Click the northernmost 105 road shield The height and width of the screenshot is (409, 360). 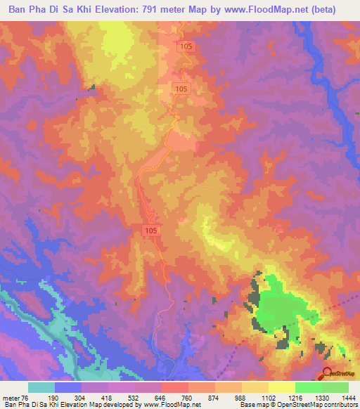[x=186, y=46]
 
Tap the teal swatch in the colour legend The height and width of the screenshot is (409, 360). [x=41, y=387]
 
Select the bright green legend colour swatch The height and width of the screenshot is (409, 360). [x=309, y=387]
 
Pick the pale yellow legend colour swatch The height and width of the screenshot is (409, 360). [x=282, y=387]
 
